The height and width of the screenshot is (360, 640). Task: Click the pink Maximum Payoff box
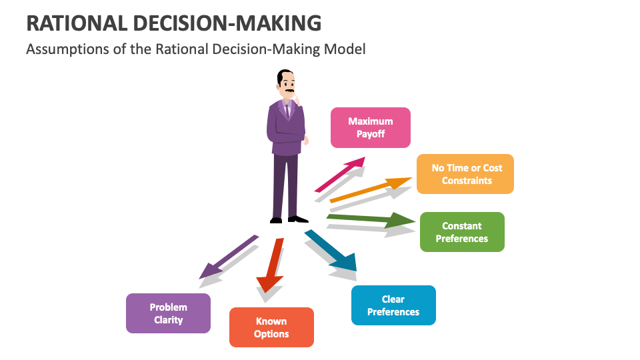click(371, 127)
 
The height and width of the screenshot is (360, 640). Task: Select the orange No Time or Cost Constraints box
click(465, 174)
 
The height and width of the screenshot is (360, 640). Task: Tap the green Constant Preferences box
click(462, 232)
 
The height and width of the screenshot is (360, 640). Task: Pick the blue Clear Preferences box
click(393, 305)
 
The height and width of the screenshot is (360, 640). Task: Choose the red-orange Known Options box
click(271, 327)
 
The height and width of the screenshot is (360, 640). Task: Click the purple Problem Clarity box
click(168, 313)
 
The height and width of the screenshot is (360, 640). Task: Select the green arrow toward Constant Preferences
click(370, 219)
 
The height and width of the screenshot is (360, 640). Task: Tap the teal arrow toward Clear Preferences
click(331, 251)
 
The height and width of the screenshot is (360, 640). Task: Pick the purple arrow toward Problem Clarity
click(228, 256)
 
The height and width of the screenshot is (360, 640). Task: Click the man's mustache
click(290, 91)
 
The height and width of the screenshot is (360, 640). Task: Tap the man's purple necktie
click(287, 109)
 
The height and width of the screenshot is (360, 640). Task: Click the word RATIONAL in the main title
click(76, 23)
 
